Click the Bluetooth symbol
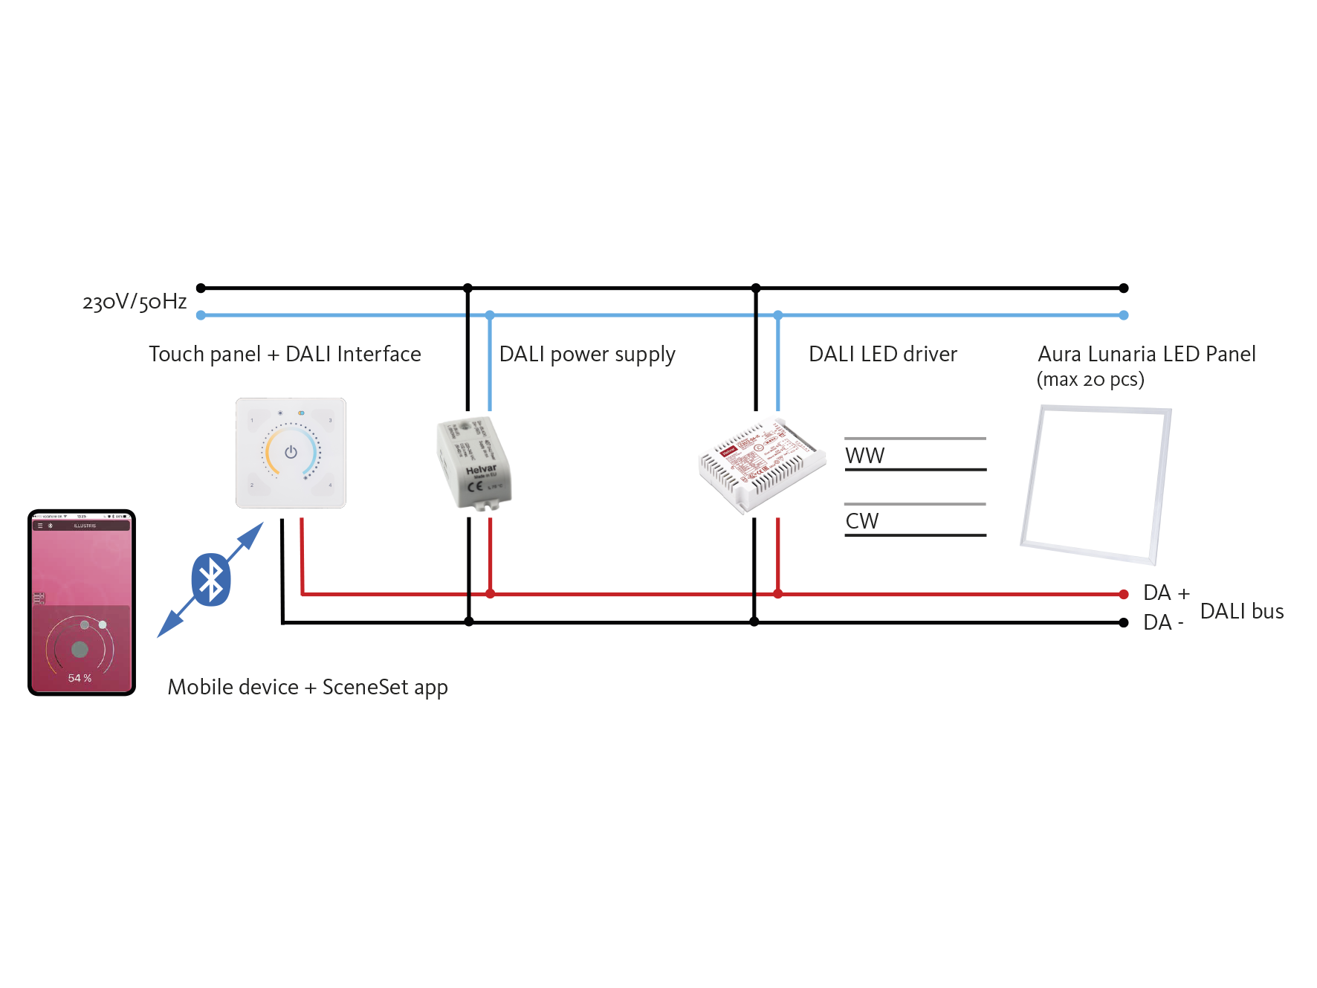(x=211, y=579)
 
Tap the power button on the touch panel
(x=291, y=452)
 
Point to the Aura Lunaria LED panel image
(x=1096, y=484)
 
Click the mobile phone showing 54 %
(x=82, y=602)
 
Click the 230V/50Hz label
(x=135, y=302)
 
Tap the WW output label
(x=864, y=456)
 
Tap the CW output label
(x=862, y=521)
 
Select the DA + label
(x=1166, y=593)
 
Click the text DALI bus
(x=1242, y=612)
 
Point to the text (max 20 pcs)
(x=1090, y=380)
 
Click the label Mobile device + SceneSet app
(x=308, y=688)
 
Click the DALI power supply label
(x=587, y=355)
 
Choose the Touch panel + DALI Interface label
(x=285, y=355)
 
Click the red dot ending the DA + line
(x=1124, y=594)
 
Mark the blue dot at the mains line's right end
(x=1124, y=315)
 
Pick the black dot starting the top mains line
(x=201, y=288)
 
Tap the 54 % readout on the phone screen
(x=80, y=678)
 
